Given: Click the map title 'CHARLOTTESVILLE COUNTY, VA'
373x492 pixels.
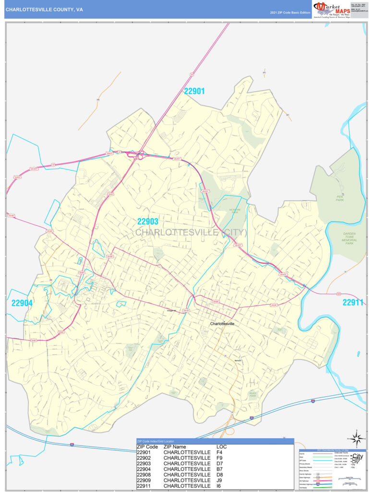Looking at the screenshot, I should tap(44, 9).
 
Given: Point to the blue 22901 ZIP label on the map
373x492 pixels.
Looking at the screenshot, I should tap(194, 91).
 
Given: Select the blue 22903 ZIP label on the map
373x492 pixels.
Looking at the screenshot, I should tap(148, 221).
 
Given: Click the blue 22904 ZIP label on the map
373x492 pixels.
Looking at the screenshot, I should tap(22, 303).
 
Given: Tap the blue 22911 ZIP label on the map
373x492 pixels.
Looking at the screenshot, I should tap(353, 303).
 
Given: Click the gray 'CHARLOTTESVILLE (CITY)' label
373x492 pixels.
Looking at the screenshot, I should tap(191, 233).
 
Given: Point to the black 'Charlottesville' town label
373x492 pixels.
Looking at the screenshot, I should tap(222, 324).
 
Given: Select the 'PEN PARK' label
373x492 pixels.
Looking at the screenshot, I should tap(339, 198).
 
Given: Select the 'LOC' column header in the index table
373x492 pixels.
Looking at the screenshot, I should tap(222, 447).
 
